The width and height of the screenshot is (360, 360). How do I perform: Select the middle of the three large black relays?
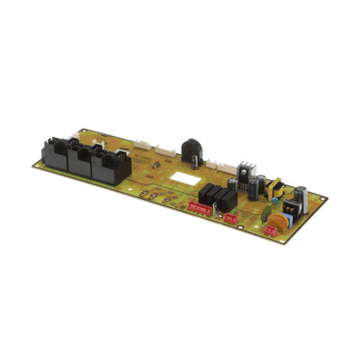coord(83,162)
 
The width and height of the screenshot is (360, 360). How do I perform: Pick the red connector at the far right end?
coord(269,229)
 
